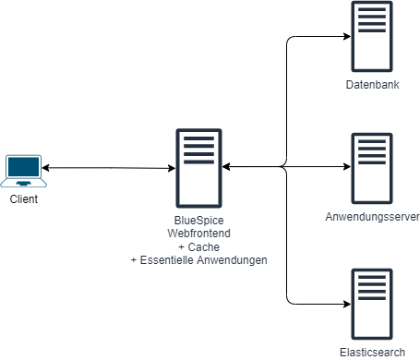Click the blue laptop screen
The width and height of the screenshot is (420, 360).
(24, 167)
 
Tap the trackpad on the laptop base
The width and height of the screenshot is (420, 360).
(24, 183)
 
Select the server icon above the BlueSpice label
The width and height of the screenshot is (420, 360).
(198, 167)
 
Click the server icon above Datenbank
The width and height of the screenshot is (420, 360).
(372, 37)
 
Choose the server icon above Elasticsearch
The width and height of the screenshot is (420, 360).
(372, 303)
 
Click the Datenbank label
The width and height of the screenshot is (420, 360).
(372, 85)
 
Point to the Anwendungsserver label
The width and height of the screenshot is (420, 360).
(373, 217)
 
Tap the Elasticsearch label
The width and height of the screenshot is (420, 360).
(372, 353)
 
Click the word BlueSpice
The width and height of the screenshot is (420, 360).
(198, 222)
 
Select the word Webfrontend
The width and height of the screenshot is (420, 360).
(198, 234)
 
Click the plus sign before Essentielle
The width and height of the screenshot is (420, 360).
(135, 260)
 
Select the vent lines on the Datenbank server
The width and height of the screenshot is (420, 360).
(372, 18)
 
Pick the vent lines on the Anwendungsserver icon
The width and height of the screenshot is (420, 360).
(372, 150)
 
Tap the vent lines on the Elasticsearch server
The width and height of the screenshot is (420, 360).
(372, 284)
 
